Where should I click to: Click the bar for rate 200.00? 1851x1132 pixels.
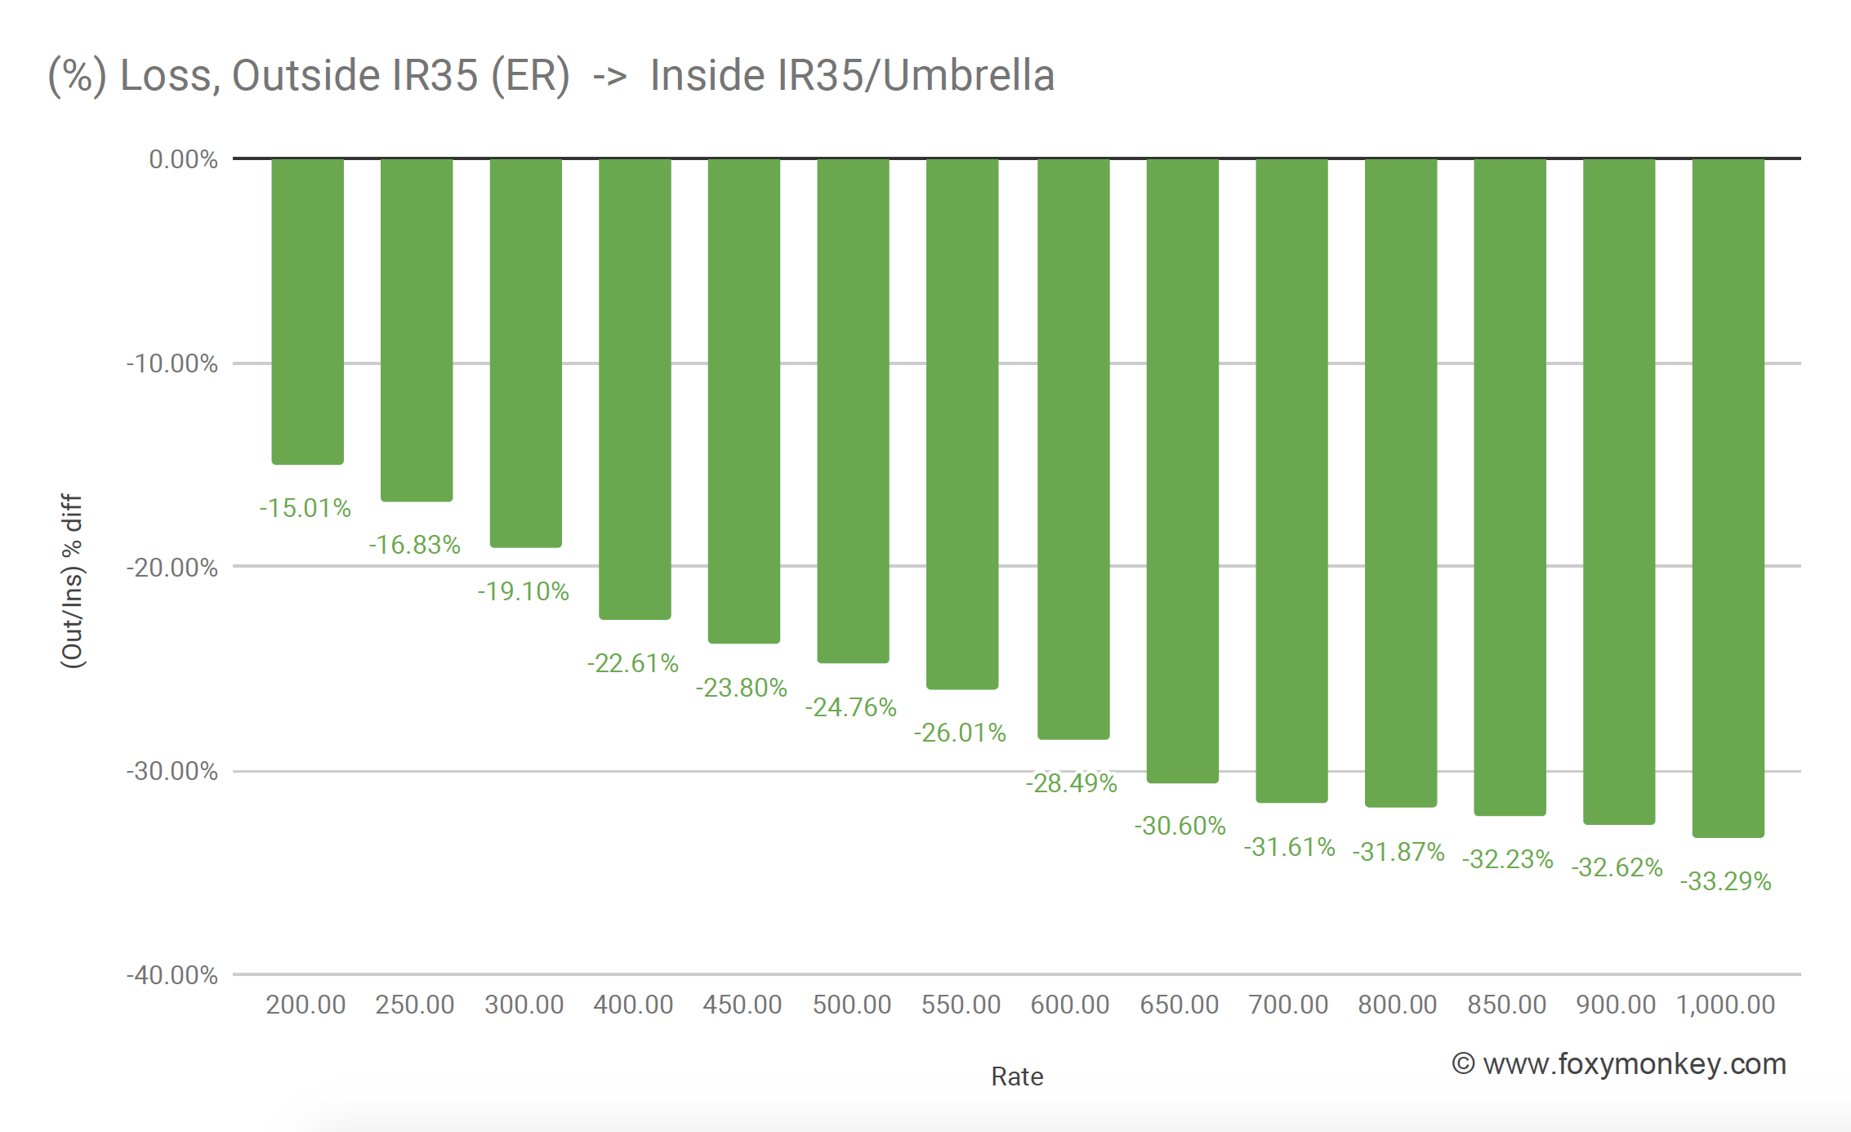[307, 311]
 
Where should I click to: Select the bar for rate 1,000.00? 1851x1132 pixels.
[1728, 497]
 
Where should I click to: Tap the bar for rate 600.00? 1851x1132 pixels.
[1073, 448]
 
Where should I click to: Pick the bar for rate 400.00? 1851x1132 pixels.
[635, 389]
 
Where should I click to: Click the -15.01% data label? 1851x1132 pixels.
[306, 508]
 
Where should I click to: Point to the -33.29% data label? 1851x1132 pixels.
[1725, 881]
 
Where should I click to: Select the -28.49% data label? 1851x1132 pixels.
[1071, 783]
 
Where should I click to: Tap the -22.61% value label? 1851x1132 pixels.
[633, 663]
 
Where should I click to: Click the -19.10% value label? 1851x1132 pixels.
[524, 591]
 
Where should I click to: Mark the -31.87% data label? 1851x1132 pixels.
[1398, 852]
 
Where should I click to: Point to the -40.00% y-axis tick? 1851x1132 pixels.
[172, 975]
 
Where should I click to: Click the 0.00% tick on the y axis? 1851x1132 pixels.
[183, 159]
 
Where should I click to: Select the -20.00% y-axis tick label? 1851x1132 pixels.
[172, 568]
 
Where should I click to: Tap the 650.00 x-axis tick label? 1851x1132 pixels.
[1180, 1005]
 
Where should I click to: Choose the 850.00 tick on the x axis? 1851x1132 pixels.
[1507, 1005]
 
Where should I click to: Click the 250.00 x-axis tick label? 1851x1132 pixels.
[415, 1005]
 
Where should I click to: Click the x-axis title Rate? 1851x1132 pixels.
[1017, 1076]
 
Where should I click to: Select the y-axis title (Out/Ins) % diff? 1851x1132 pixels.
[73, 581]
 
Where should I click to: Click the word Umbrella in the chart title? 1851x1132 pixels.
[969, 75]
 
